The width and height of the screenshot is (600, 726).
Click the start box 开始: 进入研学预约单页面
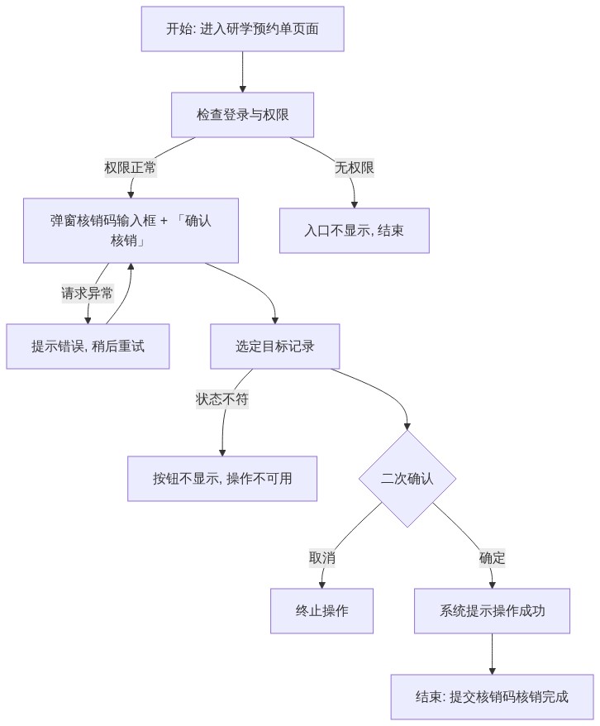pyautogui.click(x=242, y=29)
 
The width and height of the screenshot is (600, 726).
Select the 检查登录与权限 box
pyautogui.click(x=242, y=115)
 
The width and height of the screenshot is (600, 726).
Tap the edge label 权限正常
pyautogui.click(x=130, y=168)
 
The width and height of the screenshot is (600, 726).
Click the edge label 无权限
pyautogui.click(x=355, y=168)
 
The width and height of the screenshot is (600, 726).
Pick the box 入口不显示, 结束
pyautogui.click(x=355, y=231)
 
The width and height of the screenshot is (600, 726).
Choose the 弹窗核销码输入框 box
pyautogui.click(x=131, y=231)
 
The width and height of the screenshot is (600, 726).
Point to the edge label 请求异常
pyautogui.click(x=88, y=293)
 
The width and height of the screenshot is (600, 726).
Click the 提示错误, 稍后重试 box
pyautogui.click(x=88, y=346)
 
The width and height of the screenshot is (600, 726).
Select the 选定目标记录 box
pyautogui.click(x=274, y=346)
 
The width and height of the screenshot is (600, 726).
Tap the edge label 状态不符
pyautogui.click(x=222, y=399)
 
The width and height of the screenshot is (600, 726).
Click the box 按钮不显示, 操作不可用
pyautogui.click(x=222, y=479)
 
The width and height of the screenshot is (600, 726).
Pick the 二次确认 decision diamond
pyautogui.click(x=407, y=479)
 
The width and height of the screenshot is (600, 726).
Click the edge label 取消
pyautogui.click(x=322, y=558)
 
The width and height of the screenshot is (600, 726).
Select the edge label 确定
pyautogui.click(x=493, y=558)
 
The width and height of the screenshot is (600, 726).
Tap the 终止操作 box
pyautogui.click(x=322, y=611)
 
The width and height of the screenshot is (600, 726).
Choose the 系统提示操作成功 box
pyautogui.click(x=493, y=611)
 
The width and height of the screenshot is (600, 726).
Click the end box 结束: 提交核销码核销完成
pyautogui.click(x=493, y=697)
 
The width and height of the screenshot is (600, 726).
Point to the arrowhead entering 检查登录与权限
pyautogui.click(x=242, y=89)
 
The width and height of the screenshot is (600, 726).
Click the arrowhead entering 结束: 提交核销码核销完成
pyautogui.click(x=493, y=671)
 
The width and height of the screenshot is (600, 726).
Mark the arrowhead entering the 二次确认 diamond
pyautogui.click(x=407, y=427)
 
